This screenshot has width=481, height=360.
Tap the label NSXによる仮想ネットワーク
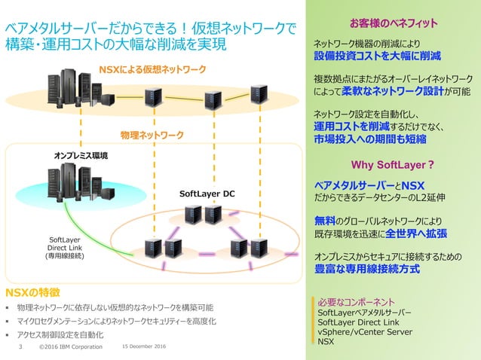[x=152, y=69]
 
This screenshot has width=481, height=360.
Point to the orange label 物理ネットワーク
[x=152, y=136]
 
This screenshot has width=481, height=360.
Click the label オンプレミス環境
[x=81, y=155]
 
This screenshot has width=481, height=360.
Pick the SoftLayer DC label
[x=207, y=194]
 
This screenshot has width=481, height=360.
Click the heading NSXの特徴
[x=32, y=291]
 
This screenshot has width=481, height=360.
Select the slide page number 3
[x=21, y=347]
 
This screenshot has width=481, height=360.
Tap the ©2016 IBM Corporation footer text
[x=70, y=347]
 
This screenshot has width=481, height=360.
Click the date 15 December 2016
[x=143, y=347]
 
